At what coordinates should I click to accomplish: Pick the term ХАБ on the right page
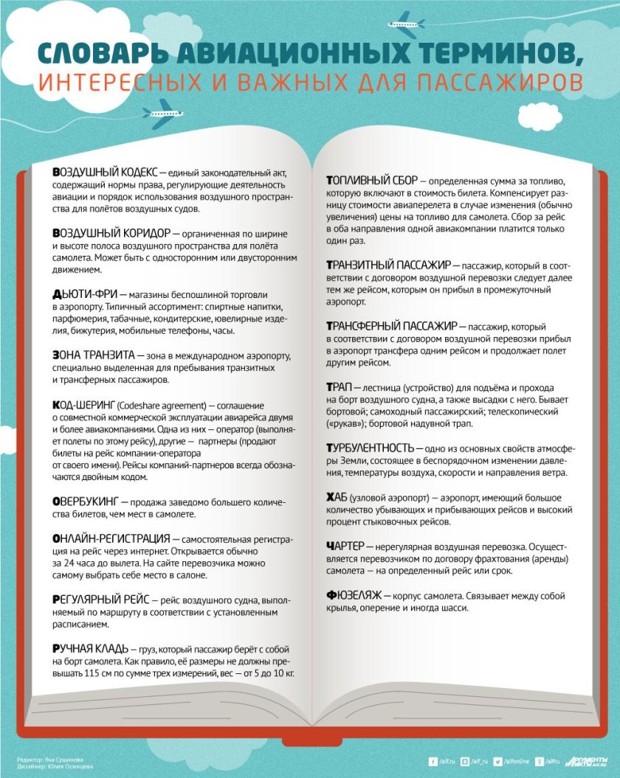337,499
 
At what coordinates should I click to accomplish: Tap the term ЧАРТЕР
345,546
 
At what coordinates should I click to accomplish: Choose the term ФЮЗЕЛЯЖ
352,594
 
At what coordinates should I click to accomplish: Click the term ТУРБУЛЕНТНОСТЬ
370,448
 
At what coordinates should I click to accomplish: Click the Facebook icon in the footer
433,761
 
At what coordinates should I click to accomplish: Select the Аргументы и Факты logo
587,762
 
